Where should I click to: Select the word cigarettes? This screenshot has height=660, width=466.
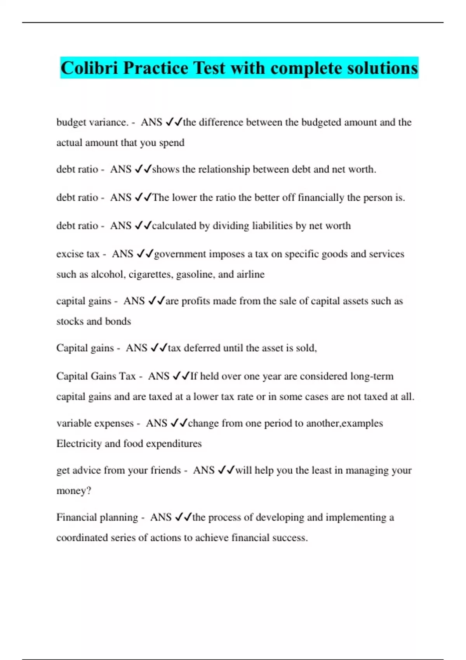click(x=151, y=274)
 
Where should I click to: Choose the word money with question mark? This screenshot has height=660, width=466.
click(x=74, y=491)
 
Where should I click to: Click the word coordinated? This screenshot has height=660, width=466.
click(x=82, y=538)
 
